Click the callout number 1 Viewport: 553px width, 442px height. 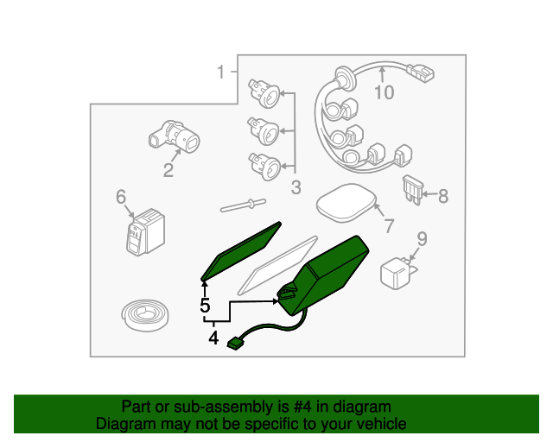click(x=221, y=72)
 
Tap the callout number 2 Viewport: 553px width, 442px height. click(x=168, y=170)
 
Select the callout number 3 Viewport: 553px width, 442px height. click(x=296, y=187)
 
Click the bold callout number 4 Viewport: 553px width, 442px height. click(x=213, y=338)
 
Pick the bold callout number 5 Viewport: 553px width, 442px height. click(x=205, y=306)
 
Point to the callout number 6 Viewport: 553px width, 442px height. click(x=121, y=196)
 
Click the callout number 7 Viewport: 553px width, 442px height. click(x=389, y=225)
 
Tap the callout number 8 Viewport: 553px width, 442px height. click(x=443, y=196)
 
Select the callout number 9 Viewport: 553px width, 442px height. click(x=423, y=239)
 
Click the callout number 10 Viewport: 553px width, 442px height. click(x=384, y=92)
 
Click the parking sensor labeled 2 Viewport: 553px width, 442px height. click(x=175, y=137)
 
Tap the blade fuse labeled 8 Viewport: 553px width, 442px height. click(x=413, y=190)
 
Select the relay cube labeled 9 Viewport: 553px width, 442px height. click(x=397, y=273)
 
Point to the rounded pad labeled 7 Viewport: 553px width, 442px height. click(x=346, y=203)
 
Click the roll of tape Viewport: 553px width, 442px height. click(x=144, y=315)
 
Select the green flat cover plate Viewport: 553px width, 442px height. click(x=241, y=251)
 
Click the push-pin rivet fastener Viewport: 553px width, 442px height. click(x=243, y=205)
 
